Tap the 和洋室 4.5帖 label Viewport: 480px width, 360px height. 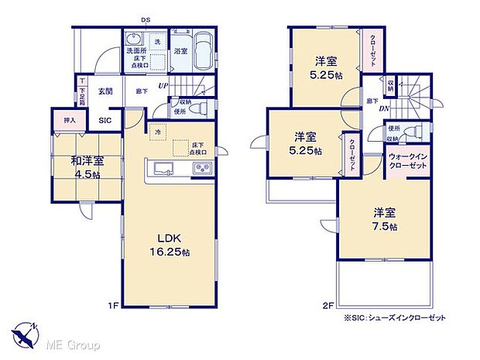pos(87,168)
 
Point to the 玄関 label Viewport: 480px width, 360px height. pos(105,91)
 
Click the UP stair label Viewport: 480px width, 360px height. pos(163,85)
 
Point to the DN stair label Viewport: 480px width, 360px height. pos(383,108)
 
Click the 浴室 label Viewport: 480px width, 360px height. pos(180,51)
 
